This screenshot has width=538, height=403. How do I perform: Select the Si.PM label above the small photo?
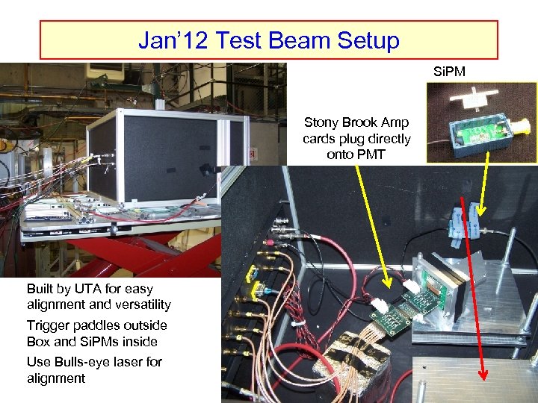pos(448,72)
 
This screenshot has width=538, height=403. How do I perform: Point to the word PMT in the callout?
pos(356,154)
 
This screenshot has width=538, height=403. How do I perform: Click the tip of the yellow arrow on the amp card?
pos(387,284)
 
